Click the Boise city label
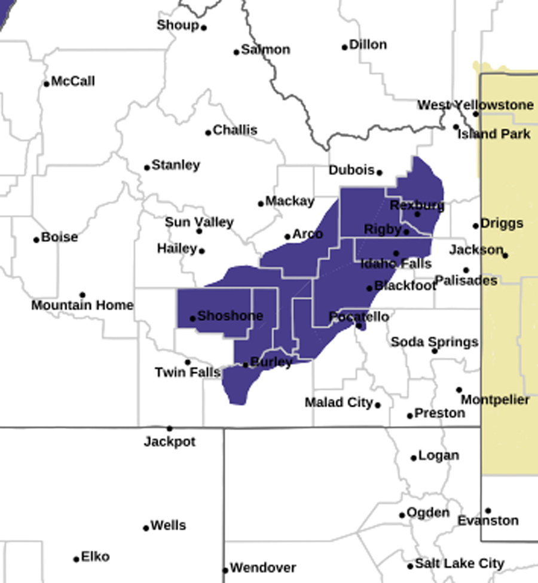[x=59, y=237]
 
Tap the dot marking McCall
[x=47, y=84]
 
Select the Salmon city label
[x=266, y=50]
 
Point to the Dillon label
[x=368, y=45]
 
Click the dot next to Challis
[x=208, y=133]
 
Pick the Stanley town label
[x=176, y=165]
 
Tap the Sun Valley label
[x=199, y=222]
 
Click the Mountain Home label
[x=82, y=305]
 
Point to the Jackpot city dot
[x=169, y=428]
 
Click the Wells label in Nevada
[x=168, y=526]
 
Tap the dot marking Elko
[x=77, y=559]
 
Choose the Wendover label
[x=262, y=567]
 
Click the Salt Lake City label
[x=460, y=563]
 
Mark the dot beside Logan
[x=413, y=458]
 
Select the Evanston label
[x=488, y=521]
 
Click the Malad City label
[x=339, y=403]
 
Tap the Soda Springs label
[x=434, y=342]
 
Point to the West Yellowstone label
[x=475, y=105]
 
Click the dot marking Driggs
[x=476, y=226]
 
